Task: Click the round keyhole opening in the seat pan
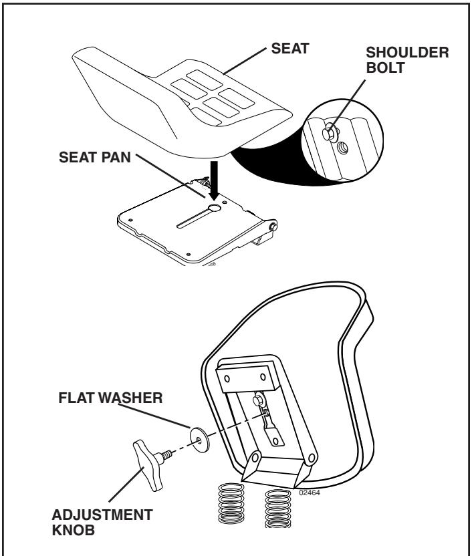(x=214, y=209)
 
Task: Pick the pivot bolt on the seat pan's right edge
(x=273, y=227)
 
